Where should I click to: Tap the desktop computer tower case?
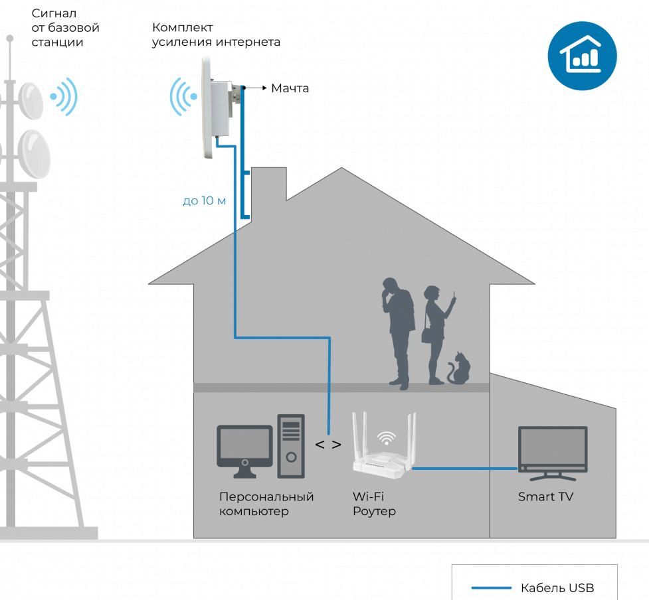coord(291,446)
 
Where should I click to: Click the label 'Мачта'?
coord(290,88)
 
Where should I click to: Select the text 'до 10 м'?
coord(204,201)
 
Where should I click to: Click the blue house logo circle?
coord(582,56)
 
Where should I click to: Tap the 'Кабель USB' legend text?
coord(557,587)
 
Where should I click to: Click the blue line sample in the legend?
coord(492,587)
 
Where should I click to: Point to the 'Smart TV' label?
coord(545,496)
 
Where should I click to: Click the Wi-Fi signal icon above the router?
coord(386,437)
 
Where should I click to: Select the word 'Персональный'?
coord(266,496)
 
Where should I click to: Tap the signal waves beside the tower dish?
coord(64,97)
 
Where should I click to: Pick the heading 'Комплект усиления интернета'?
coord(216,35)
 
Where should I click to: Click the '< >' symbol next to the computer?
coord(328,445)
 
